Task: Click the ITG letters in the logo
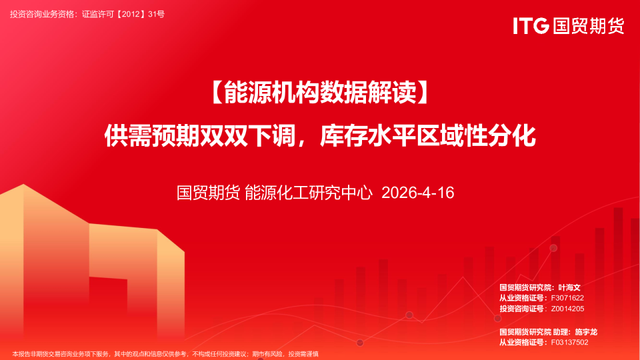click(531, 26)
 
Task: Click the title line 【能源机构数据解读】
click(320, 92)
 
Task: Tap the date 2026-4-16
click(417, 193)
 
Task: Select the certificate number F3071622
click(567, 298)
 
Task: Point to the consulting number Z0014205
click(567, 309)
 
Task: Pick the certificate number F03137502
click(569, 343)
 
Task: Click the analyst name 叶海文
click(569, 287)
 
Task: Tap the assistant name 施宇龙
click(586, 332)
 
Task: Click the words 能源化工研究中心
click(309, 193)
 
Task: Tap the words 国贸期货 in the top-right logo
click(589, 26)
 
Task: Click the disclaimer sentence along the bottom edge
click(165, 354)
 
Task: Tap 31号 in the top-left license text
click(156, 14)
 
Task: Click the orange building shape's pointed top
click(23, 185)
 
